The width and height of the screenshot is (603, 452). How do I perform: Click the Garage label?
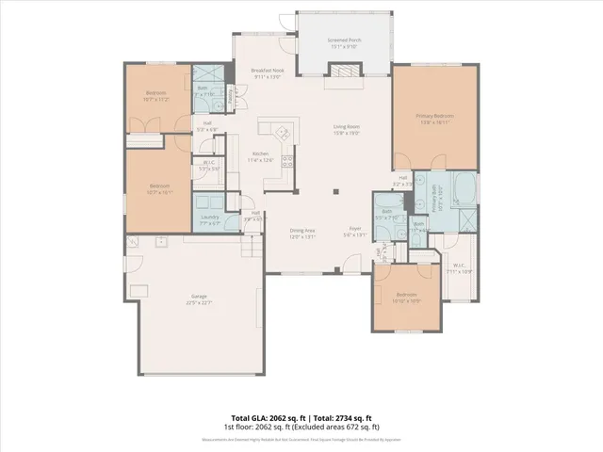(200, 299)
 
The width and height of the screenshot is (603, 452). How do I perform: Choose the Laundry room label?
(210, 218)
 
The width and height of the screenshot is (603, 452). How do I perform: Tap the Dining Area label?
(301, 233)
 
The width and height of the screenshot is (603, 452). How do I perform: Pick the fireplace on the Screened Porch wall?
(339, 69)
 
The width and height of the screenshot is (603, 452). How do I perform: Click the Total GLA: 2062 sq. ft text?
(263, 417)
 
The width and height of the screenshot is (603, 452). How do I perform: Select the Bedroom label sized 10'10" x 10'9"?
(406, 296)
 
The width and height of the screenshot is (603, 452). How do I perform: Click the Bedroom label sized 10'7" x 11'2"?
(156, 95)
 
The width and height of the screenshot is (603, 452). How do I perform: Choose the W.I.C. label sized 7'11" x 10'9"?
(461, 267)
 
